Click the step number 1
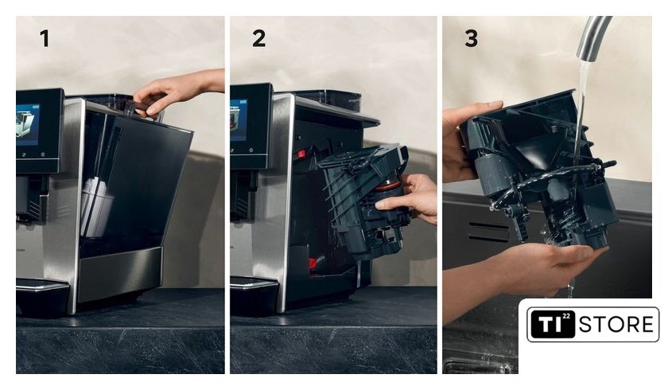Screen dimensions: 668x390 pos(45,38)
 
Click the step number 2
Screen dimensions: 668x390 pos(258,38)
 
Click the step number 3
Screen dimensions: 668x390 pos(471,38)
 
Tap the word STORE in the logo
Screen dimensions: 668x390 pos(616,325)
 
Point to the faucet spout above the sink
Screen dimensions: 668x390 pos(593,37)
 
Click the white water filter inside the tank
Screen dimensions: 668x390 pos(97,208)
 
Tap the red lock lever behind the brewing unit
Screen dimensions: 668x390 pos(301,154)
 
